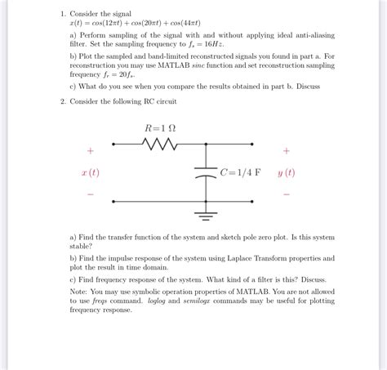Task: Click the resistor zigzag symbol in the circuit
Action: (x=161, y=145)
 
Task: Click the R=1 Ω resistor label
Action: (x=160, y=128)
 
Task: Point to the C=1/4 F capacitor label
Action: (x=241, y=172)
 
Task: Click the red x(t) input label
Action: (x=90, y=172)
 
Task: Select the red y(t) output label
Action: (x=286, y=172)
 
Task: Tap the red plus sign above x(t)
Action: (x=90, y=151)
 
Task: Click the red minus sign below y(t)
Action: (x=286, y=194)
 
